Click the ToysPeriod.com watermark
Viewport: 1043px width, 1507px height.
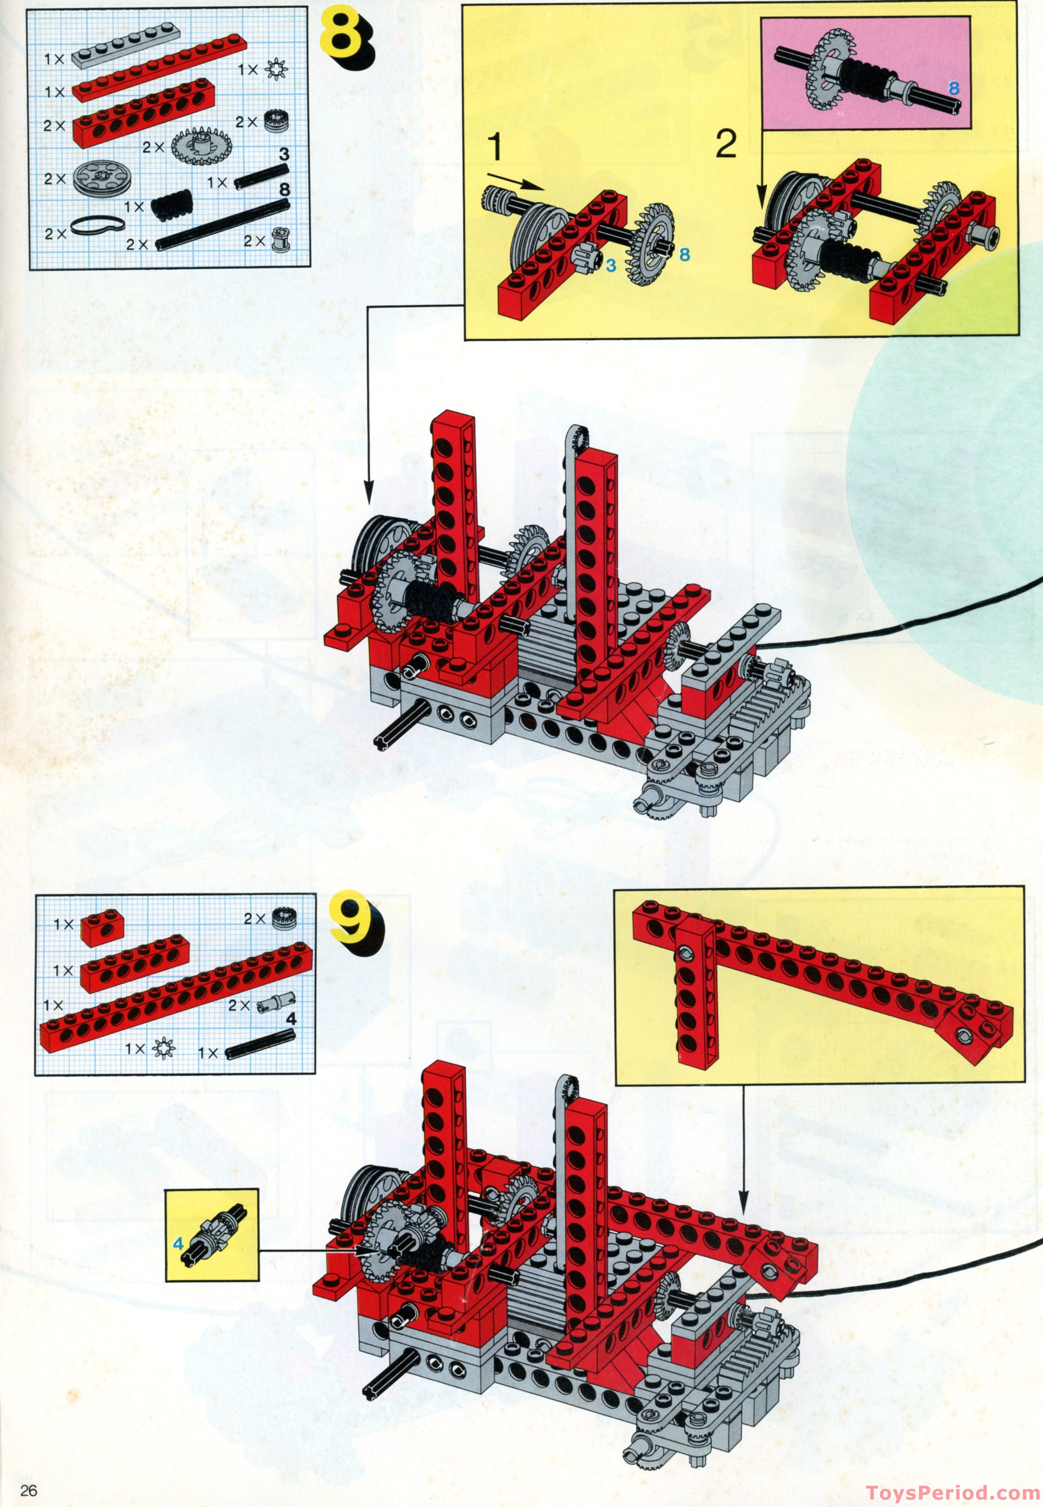(x=953, y=1492)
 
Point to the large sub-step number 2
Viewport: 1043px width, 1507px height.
(x=726, y=144)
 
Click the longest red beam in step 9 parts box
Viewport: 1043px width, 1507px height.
(x=175, y=1000)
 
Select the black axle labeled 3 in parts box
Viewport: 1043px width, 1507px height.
(x=261, y=175)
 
